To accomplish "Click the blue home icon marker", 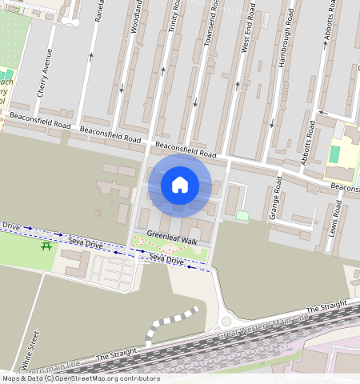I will pos(180,186).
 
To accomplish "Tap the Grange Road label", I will pos(275,198).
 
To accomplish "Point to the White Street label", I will pos(33,351).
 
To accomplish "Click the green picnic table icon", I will pos(47,246).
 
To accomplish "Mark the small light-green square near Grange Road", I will pos(242,215).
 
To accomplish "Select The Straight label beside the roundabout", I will pos(327,307).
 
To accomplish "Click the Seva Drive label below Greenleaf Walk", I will pos(166,261).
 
